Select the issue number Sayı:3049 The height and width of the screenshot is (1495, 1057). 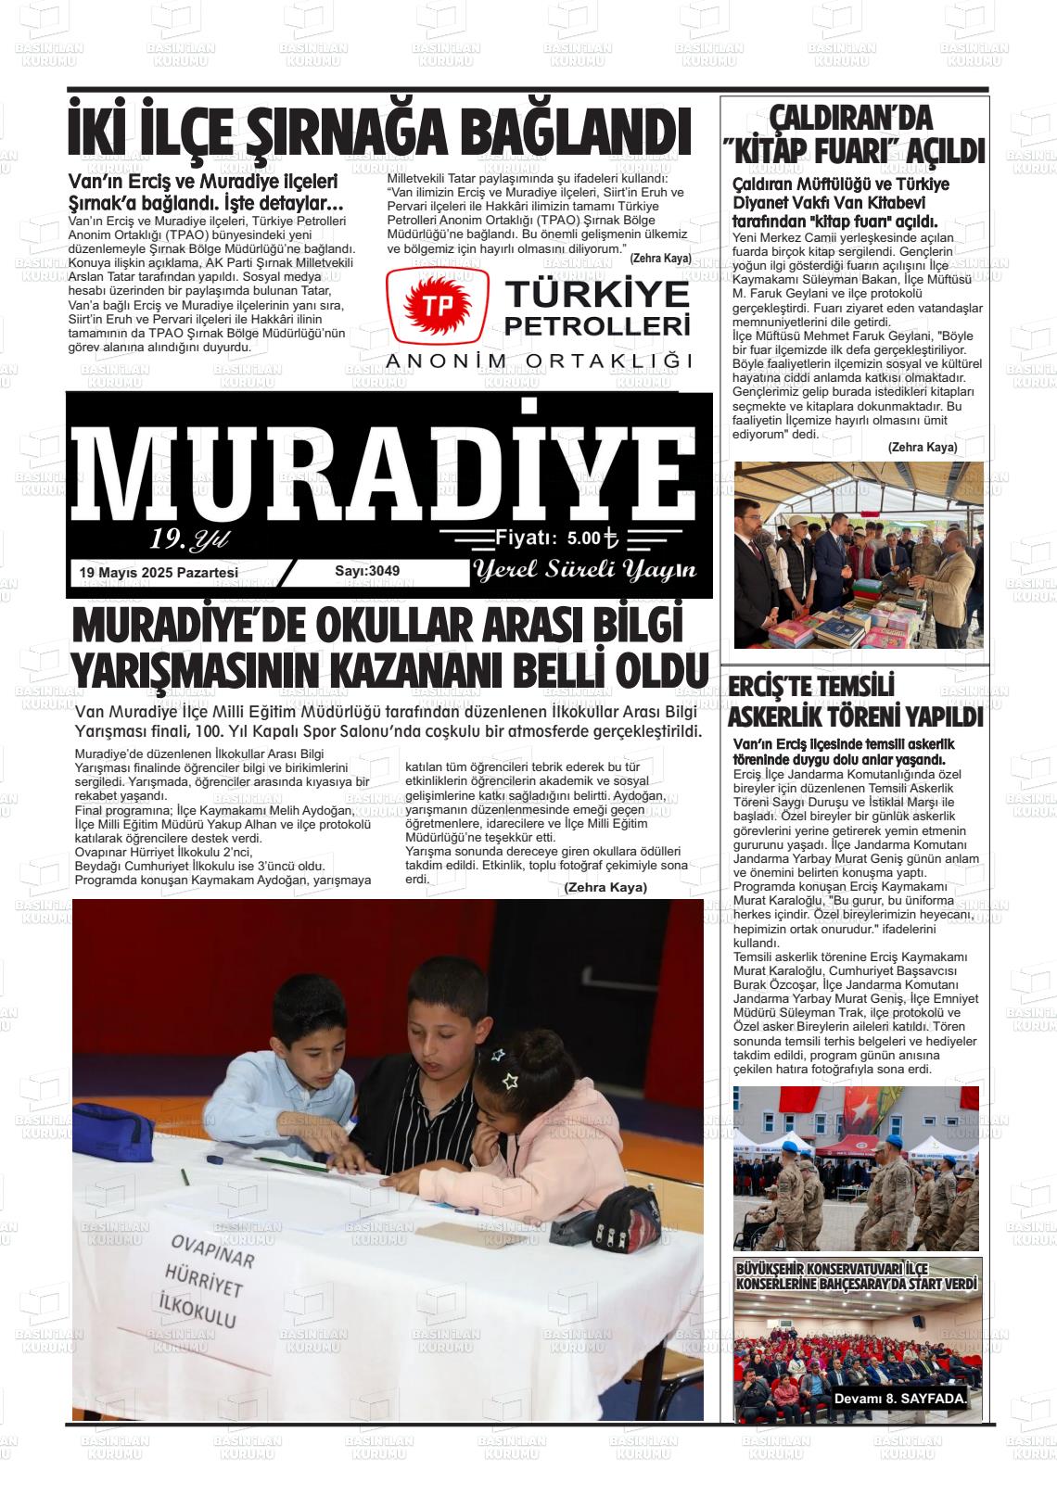point(367,571)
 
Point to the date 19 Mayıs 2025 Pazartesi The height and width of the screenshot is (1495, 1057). point(159,573)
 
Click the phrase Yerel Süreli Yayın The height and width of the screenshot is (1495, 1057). point(584,571)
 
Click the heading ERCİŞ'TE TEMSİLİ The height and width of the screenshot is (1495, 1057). point(810,688)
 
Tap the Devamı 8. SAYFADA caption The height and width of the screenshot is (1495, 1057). point(900,1399)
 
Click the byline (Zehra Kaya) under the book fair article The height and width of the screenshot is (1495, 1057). point(922,447)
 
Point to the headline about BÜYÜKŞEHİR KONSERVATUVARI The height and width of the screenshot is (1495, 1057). point(856,1275)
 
